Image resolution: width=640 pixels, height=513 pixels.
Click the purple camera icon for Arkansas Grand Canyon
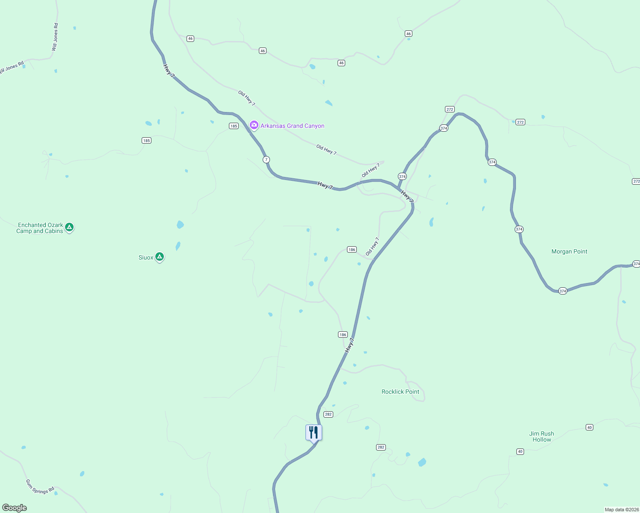[254, 125]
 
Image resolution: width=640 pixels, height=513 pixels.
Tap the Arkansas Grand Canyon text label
[292, 126]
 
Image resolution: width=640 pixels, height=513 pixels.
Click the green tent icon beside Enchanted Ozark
[69, 227]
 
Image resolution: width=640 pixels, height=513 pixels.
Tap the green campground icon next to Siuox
[160, 256]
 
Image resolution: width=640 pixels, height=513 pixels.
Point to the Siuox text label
[145, 257]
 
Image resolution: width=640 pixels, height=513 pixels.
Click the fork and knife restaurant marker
[314, 433]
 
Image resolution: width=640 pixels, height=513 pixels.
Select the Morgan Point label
[569, 251]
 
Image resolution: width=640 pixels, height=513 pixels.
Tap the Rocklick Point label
[400, 392]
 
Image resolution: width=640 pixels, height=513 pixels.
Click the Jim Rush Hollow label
[541, 436]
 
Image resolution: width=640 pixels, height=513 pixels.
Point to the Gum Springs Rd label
[40, 486]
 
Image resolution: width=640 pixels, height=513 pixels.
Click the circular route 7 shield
[266, 159]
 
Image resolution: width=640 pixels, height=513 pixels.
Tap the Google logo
[15, 508]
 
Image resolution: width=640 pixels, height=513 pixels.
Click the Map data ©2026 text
[622, 510]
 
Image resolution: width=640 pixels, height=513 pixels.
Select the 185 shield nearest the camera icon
[233, 126]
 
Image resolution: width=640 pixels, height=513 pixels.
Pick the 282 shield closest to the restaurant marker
[328, 414]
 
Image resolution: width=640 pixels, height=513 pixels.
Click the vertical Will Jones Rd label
[55, 37]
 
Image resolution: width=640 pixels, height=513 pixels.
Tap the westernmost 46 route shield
[190, 38]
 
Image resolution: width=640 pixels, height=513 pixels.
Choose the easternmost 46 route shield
[408, 33]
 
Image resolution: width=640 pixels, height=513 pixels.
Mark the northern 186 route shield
[352, 249]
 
